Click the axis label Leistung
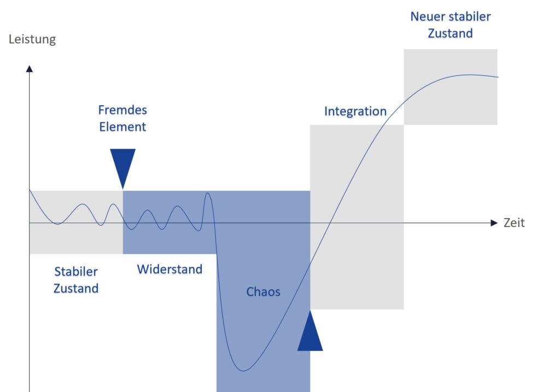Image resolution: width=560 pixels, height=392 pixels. (32, 40)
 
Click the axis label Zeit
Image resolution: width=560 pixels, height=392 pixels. (514, 223)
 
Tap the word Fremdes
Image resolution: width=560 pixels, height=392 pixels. (122, 110)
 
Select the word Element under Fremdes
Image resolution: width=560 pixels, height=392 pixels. (122, 127)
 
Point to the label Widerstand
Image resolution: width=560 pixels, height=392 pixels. (170, 269)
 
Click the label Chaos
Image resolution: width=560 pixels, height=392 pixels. (263, 292)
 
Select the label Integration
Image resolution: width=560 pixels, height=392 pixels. (355, 112)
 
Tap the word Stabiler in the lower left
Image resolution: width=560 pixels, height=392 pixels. (76, 272)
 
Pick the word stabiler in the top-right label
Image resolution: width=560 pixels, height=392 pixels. (469, 16)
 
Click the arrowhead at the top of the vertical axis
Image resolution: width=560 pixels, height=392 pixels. (30, 68)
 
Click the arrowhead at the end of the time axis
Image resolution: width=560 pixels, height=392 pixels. (494, 223)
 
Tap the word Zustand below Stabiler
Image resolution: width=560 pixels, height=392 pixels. (76, 288)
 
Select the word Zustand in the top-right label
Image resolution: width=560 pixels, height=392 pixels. (450, 33)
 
